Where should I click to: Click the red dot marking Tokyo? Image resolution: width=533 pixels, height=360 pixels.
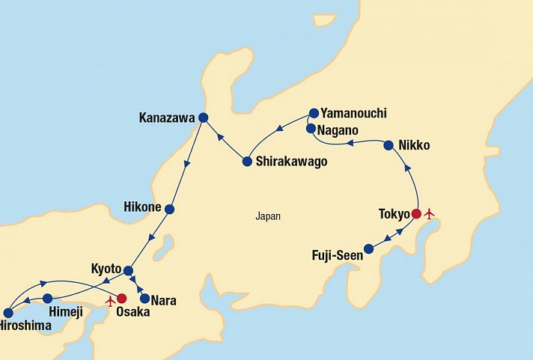coord(416,214)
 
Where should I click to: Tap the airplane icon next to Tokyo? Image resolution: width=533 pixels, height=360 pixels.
coord(429,214)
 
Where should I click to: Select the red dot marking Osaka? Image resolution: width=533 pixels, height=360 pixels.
coord(121,298)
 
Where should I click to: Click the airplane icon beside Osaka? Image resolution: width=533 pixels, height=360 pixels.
coord(110,301)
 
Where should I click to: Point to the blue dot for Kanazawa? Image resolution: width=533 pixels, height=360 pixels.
coord(202,117)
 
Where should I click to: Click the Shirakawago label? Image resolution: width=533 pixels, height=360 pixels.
coord(291,162)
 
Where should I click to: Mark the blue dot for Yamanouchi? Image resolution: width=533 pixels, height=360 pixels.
coord(314,114)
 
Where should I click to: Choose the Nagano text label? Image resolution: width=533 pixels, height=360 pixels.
coord(341,129)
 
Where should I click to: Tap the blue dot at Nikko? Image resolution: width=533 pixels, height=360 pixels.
coord(389,145)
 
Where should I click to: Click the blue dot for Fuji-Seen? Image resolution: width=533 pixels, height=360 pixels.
coord(368,248)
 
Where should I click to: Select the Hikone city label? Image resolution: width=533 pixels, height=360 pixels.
coord(143,205)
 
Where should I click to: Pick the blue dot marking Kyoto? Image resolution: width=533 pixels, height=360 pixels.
coord(128,270)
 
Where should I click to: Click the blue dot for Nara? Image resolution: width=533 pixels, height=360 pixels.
coord(144,298)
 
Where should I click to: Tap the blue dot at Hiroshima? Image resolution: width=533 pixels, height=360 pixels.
coord(8,313)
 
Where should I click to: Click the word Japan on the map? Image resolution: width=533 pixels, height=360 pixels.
coord(267,216)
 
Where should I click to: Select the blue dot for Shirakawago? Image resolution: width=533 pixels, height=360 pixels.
coord(247,161)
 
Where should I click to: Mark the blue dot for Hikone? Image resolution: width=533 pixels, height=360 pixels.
coord(169,209)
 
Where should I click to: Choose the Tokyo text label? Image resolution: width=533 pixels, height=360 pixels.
coord(394,215)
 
